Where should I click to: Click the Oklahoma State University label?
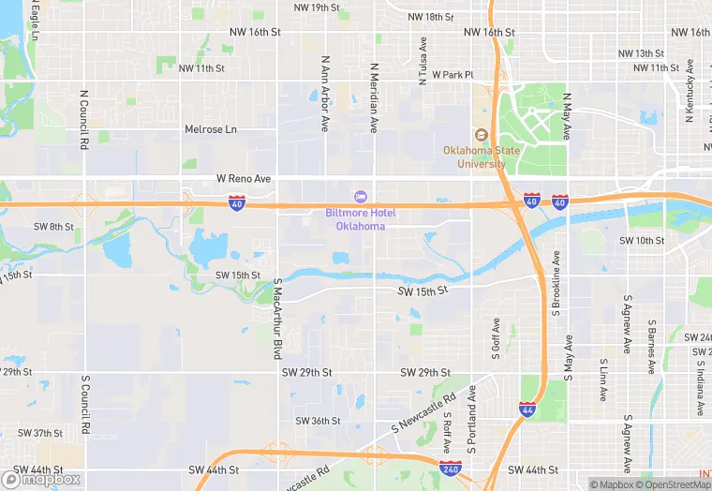coord(475,156)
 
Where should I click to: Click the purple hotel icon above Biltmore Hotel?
coord(359,196)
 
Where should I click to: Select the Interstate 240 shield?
coord(449,466)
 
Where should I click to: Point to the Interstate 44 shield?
coord(527,409)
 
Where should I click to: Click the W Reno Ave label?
coord(243,178)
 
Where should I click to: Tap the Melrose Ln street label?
coord(211,129)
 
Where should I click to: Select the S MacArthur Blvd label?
coord(277,319)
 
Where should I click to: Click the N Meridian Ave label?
coord(374,97)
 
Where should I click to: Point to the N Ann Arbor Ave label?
coord(325,93)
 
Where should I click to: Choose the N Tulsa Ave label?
coord(423,62)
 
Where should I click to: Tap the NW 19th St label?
coord(316,7)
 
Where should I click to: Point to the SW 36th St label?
coord(319,421)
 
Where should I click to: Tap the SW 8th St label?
coord(53,227)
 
